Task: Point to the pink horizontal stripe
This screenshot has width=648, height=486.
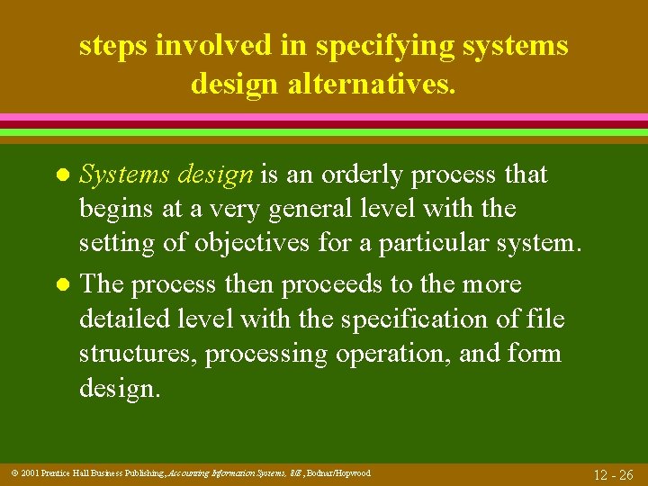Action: (324, 117)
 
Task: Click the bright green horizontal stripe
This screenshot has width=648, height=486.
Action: (324, 132)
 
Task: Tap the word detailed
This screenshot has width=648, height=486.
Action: (128, 319)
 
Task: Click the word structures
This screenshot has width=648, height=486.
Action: (138, 354)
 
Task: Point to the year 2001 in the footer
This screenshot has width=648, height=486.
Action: (26, 472)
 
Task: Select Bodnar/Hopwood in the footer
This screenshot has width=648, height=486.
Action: (339, 472)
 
